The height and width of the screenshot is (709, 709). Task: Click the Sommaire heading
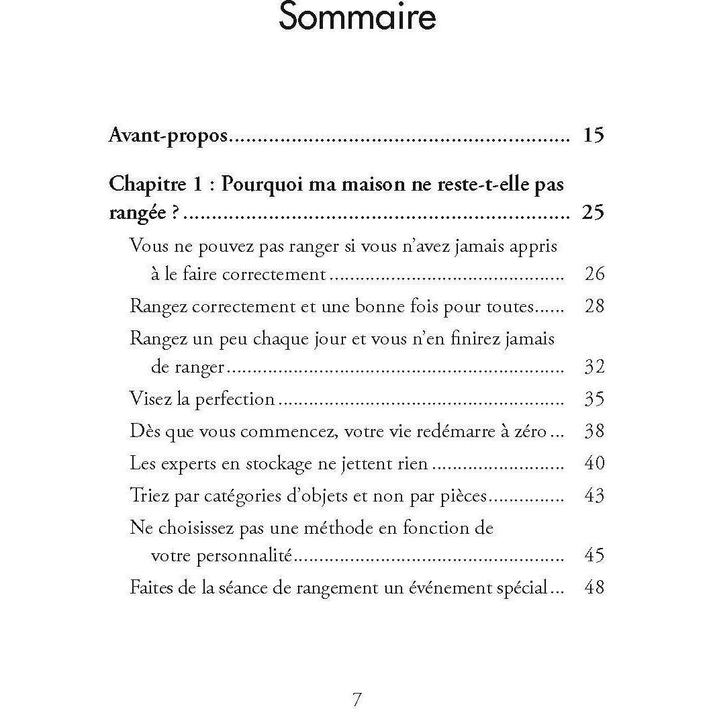pos(357,18)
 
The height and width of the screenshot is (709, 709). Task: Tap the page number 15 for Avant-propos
pos(594,136)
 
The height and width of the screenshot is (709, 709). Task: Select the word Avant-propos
pos(169,136)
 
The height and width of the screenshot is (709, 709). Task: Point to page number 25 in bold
pos(594,213)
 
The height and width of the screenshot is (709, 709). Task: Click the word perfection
pos(235,400)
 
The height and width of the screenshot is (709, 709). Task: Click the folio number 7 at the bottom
pos(357,699)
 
